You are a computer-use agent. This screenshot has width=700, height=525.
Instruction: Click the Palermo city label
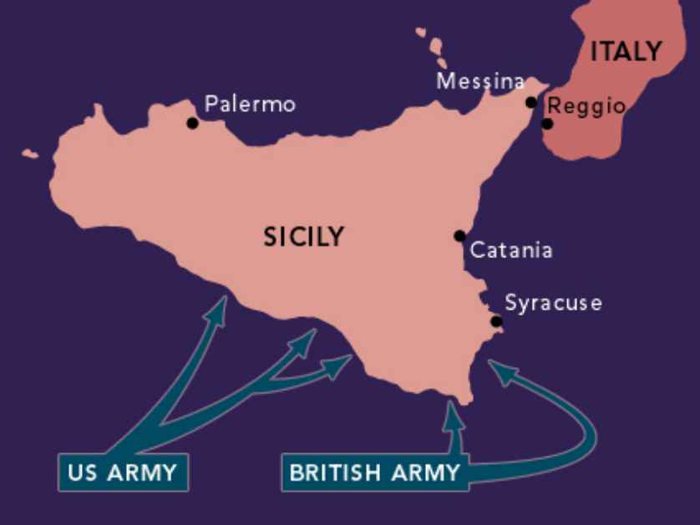point(250,104)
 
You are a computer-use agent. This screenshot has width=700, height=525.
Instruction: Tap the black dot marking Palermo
point(192,124)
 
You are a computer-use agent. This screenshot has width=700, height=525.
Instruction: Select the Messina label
point(479,82)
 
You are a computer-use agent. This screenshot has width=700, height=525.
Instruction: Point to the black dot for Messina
point(531,103)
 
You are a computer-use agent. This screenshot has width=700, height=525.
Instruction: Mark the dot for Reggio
point(547,124)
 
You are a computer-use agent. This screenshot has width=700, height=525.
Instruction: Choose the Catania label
point(511,250)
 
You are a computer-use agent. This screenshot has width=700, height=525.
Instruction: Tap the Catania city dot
point(459,235)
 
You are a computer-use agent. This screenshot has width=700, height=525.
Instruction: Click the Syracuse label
point(552,303)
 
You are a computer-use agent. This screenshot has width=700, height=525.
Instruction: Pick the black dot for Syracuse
point(496,321)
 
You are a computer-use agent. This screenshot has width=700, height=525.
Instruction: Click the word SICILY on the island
point(303,237)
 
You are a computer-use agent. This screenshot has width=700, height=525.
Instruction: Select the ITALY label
point(626,52)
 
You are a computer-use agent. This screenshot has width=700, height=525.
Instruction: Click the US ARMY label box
point(124,473)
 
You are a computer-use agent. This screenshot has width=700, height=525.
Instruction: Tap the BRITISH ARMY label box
point(374,473)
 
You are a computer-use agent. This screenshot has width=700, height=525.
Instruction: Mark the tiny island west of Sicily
point(30,154)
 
